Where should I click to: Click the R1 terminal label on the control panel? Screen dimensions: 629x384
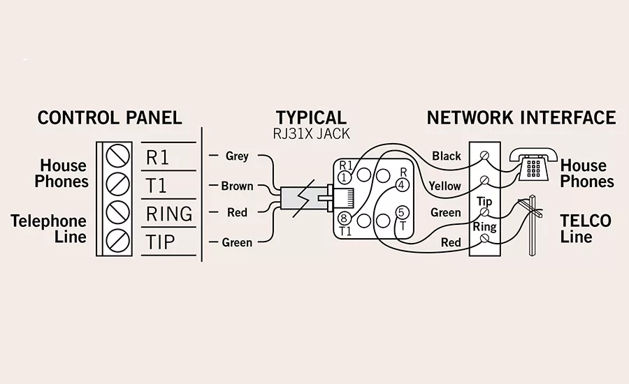point(158,158)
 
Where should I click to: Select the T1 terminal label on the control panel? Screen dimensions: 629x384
point(156,186)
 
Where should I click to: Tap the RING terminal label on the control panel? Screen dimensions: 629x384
point(169,214)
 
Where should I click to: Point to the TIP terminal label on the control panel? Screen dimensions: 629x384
point(160,242)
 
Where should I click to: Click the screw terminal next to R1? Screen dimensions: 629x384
point(117,156)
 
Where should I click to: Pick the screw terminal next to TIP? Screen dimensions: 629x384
point(117,242)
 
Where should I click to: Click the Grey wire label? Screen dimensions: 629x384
point(237,156)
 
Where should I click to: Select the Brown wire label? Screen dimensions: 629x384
point(237,186)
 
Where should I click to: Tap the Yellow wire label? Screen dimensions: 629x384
point(445,186)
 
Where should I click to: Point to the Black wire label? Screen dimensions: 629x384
point(447,156)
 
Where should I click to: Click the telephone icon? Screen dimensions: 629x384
point(533,165)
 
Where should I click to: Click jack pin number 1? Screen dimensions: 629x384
point(344,177)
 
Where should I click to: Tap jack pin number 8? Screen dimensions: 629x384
point(344,219)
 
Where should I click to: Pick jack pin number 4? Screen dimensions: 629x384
point(402,185)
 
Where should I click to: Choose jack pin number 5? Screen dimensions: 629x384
point(401,212)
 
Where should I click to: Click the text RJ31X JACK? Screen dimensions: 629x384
point(311,134)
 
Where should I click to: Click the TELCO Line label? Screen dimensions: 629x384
point(586,228)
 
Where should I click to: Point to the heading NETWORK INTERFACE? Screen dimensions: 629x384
point(521,118)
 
